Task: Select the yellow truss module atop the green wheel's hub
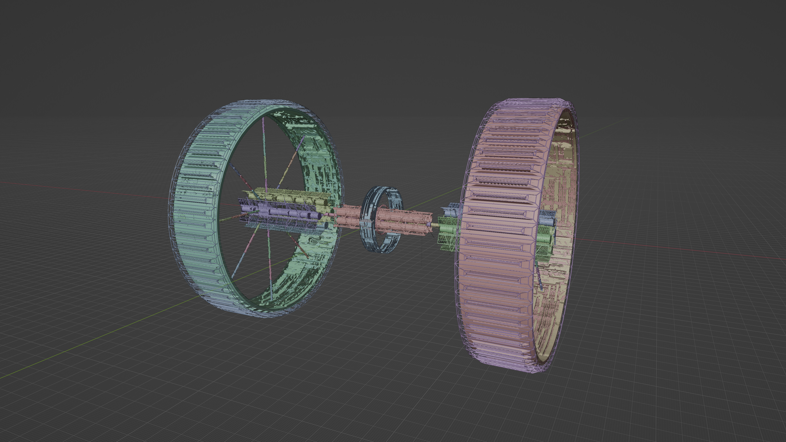[x=287, y=195]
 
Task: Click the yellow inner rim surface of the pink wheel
[x=561, y=152]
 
